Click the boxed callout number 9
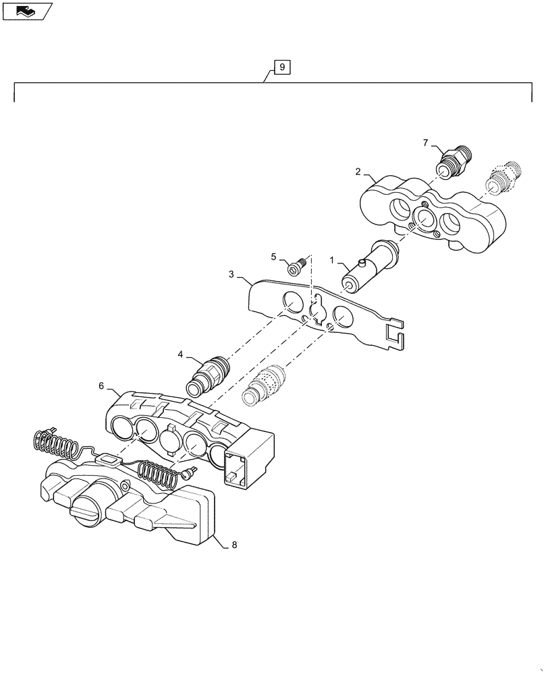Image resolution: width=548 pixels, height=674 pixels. [x=282, y=67]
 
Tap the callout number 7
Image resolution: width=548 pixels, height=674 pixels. [x=426, y=142]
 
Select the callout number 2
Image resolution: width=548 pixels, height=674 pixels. [x=358, y=172]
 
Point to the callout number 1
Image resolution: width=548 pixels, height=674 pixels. [x=331, y=260]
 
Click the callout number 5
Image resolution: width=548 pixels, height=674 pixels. [x=274, y=256]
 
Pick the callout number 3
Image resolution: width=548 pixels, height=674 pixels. [x=231, y=274]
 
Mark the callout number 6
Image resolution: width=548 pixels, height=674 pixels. [x=101, y=386]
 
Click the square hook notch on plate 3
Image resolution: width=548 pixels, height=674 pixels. [x=395, y=336]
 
